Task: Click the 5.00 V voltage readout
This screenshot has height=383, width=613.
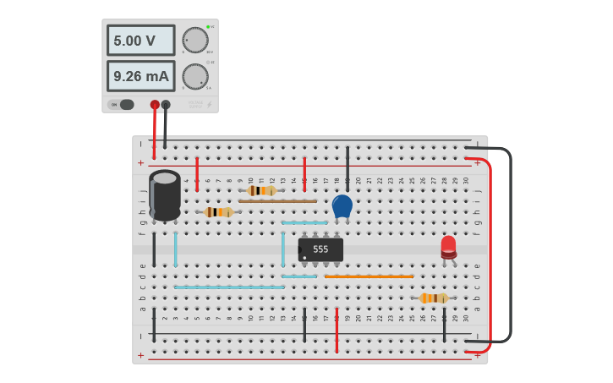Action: (x=140, y=41)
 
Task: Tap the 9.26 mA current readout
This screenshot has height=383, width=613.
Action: (x=140, y=76)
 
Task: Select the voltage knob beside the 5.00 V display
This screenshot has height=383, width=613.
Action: (x=195, y=40)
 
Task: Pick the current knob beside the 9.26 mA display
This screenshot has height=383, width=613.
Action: (x=195, y=76)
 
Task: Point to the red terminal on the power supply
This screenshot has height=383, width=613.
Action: (x=155, y=105)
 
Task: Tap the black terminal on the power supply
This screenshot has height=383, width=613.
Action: (x=166, y=105)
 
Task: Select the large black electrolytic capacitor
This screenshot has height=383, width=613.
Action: (x=165, y=195)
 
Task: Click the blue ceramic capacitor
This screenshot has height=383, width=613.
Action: (x=342, y=205)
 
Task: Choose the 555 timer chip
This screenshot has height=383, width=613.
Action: (x=320, y=249)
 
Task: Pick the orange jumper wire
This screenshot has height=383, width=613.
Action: (x=369, y=276)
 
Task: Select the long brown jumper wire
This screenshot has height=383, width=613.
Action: (x=277, y=201)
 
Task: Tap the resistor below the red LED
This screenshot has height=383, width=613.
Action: (x=433, y=298)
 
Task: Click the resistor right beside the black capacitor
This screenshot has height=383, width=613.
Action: (x=218, y=212)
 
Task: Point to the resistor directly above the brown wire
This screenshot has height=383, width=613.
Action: (x=261, y=191)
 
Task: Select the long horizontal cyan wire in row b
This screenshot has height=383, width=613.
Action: (x=229, y=287)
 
